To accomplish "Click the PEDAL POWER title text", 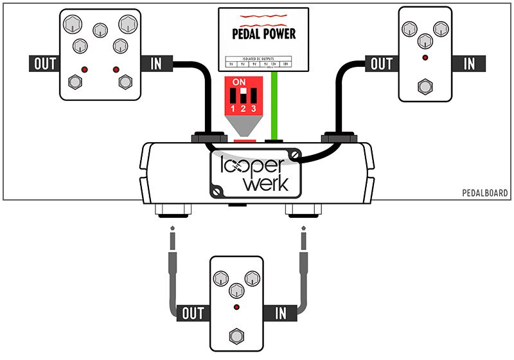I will coord(263,33).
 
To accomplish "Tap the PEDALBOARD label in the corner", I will coord(485,193).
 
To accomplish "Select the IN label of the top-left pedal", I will coord(156,64).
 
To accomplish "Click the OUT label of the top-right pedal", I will coord(382,64).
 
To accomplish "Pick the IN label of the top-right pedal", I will coord(469,64).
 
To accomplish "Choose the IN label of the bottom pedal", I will coord(280,313).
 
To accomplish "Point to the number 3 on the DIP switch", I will coord(253,109).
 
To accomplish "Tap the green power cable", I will coord(276,103).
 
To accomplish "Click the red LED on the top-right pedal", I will coord(424,58).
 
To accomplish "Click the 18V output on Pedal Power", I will coord(296,64).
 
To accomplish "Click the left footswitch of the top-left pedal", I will coord(75,82).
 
